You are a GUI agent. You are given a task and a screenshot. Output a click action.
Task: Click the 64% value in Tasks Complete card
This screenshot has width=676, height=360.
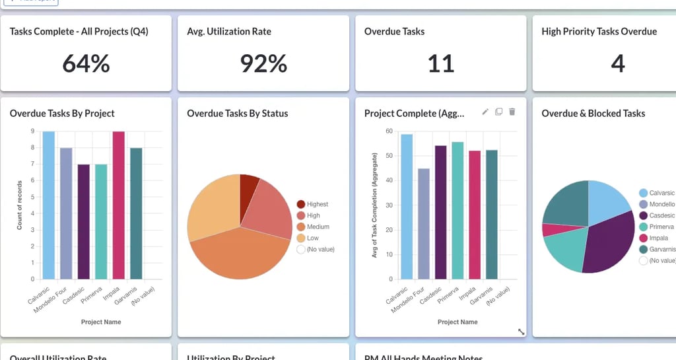[86, 63]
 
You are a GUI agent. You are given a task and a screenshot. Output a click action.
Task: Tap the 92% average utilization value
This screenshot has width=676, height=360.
[263, 63]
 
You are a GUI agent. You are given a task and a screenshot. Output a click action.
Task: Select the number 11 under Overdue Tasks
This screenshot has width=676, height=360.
[440, 63]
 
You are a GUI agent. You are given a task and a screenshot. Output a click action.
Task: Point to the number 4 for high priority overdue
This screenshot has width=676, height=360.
[617, 63]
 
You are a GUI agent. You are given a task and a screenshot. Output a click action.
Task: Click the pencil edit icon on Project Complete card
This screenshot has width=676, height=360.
[485, 112]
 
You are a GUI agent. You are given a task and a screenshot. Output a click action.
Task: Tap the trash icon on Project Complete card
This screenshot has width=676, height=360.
[512, 112]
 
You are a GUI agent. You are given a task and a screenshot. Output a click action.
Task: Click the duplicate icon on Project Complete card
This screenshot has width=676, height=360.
[499, 112]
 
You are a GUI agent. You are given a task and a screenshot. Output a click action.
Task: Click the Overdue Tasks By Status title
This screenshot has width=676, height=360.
[238, 114]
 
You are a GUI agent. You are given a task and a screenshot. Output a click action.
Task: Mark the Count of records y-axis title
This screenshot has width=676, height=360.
[20, 205]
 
